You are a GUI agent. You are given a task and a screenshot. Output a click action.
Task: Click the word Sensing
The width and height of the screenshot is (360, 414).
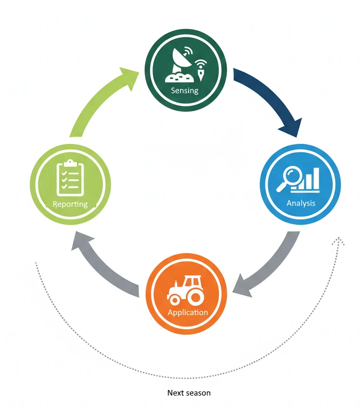click(184, 90)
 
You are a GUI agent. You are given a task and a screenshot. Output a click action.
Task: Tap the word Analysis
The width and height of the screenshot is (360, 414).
click(301, 203)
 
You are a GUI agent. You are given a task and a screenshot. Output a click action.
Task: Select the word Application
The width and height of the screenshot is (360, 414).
click(188, 312)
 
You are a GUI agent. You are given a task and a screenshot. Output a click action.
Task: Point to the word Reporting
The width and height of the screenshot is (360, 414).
click(70, 204)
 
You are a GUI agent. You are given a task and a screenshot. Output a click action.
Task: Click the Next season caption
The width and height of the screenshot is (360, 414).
click(189, 393)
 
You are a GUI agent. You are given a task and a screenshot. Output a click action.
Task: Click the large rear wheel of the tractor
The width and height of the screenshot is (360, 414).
click(195, 297)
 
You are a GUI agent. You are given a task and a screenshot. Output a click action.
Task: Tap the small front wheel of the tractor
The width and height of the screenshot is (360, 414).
click(174, 299)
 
